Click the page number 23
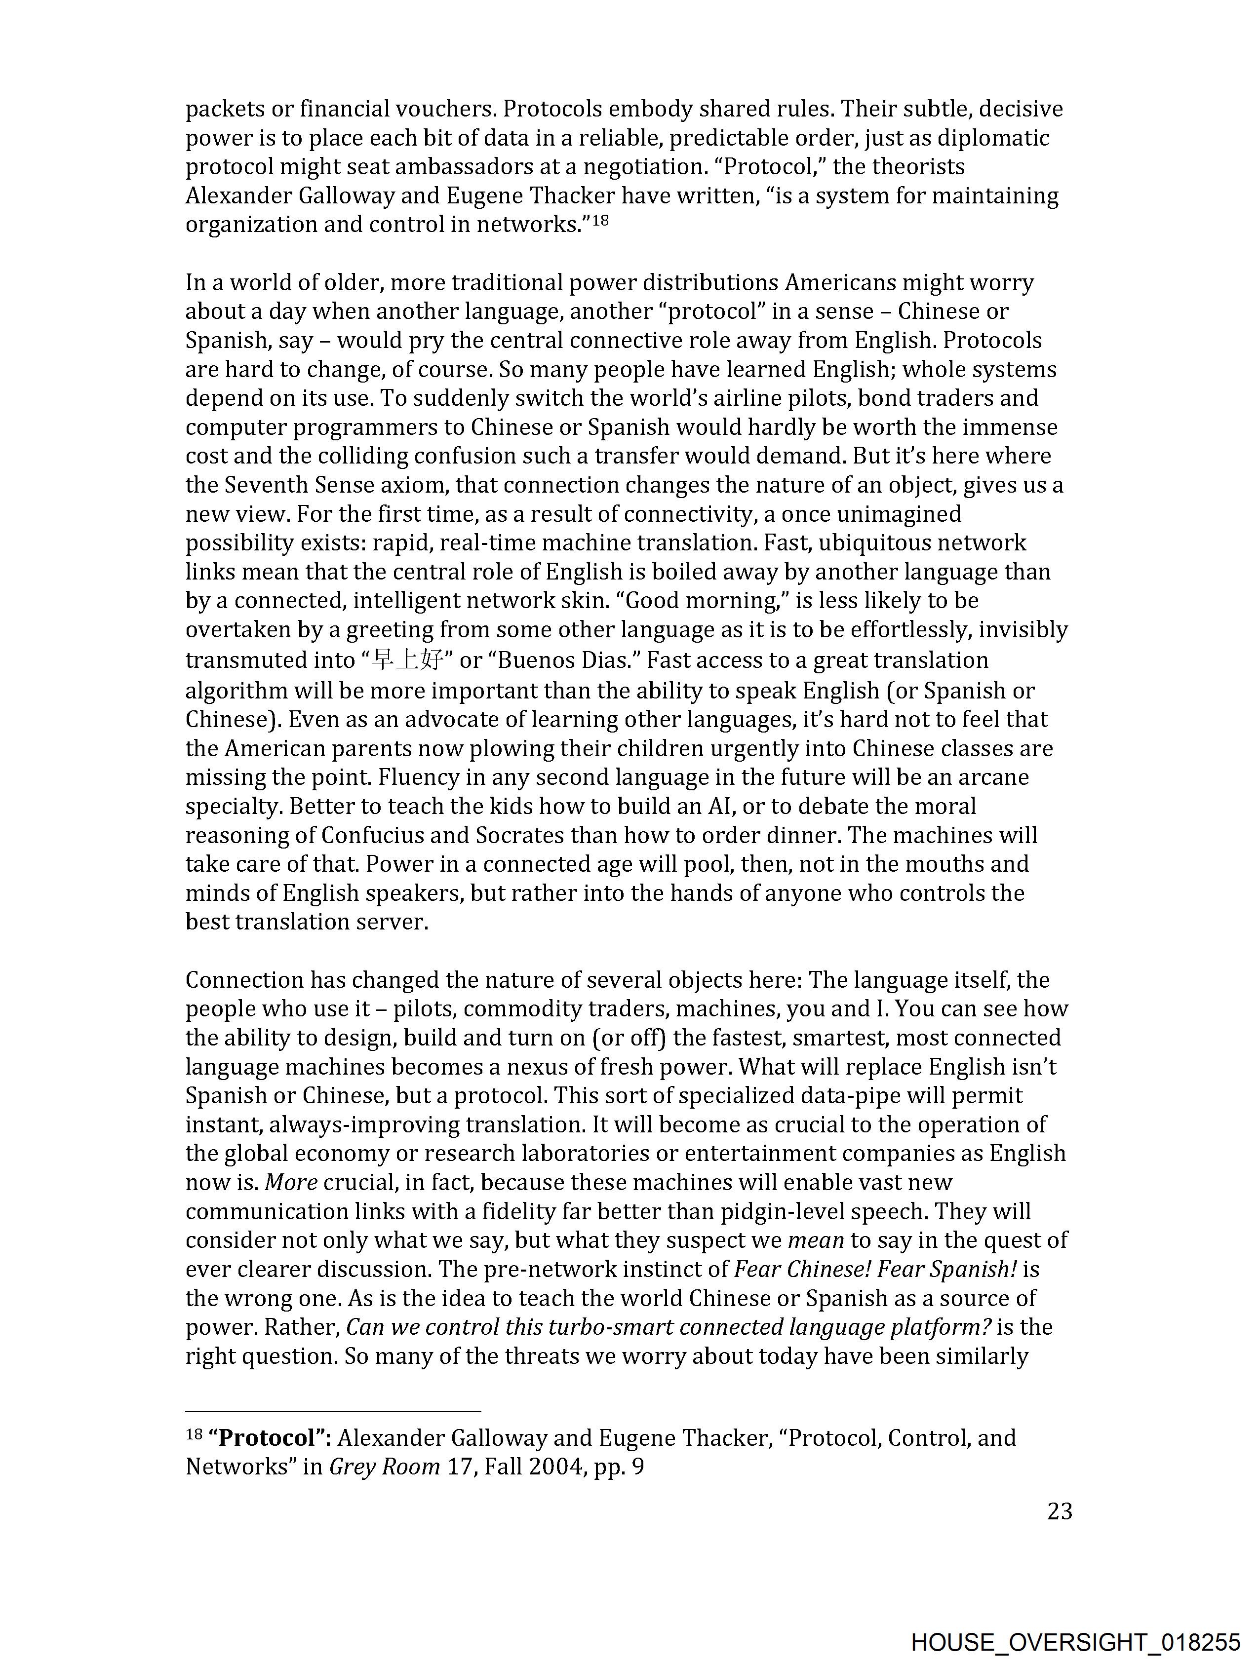(x=1059, y=1511)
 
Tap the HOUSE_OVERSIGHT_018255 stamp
(x=1075, y=1643)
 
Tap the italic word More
(x=291, y=1183)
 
